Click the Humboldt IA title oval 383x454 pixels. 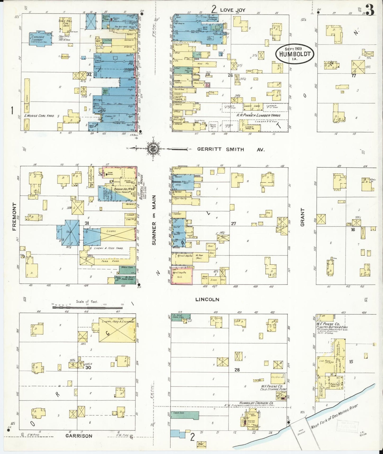pyautogui.click(x=294, y=54)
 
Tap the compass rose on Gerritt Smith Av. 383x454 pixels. pyautogui.click(x=153, y=148)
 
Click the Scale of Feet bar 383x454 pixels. pyautogui.click(x=87, y=307)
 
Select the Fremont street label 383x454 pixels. pyautogui.click(x=14, y=216)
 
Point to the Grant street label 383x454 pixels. pyautogui.click(x=302, y=217)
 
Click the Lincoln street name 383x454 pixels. pyautogui.click(x=207, y=300)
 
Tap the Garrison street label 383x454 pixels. pyautogui.click(x=79, y=436)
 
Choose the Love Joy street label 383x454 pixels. pyautogui.click(x=232, y=10)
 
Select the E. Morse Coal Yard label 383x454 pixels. pyautogui.click(x=39, y=116)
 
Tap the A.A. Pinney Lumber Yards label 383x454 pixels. pyautogui.click(x=258, y=115)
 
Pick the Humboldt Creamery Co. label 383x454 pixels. pyautogui.click(x=257, y=403)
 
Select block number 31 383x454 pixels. pyautogui.click(x=87, y=223)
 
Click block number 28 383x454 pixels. pyautogui.click(x=237, y=370)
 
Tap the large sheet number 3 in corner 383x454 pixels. pyautogui.click(x=371, y=10)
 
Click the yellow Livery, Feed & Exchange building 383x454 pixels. pyautogui.click(x=117, y=330)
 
